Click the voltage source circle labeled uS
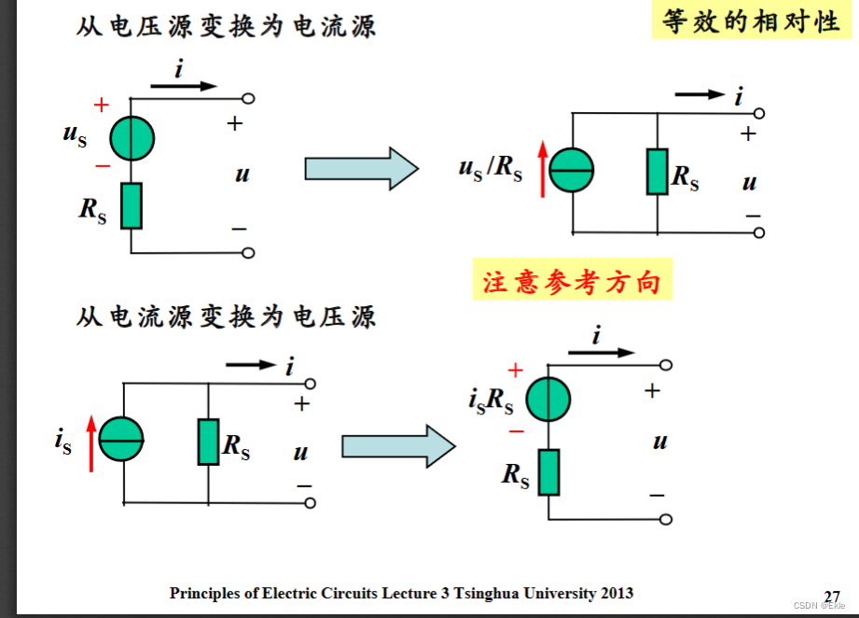coord(132,139)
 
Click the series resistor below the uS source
coord(132,205)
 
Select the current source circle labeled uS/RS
coord(572,171)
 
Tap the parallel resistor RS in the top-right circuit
coord(658,171)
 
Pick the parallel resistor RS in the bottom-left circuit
coord(208,442)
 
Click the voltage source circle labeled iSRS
coord(548,400)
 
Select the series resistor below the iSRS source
coord(548,471)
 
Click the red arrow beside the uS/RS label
coord(543,169)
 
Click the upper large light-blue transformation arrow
coord(361,169)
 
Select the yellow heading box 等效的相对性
coord(752,21)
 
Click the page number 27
coord(832,597)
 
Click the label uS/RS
coord(491,169)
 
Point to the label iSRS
coord(491,400)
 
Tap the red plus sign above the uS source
coord(102,105)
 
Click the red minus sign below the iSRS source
coord(516,431)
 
